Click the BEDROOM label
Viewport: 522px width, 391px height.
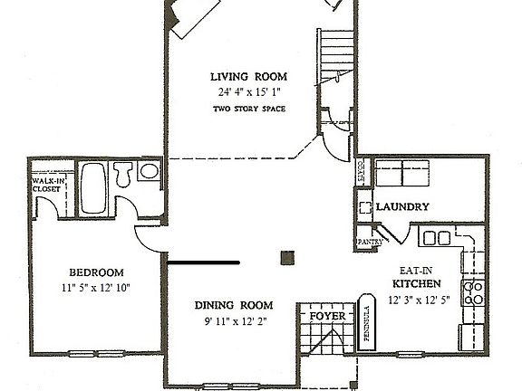pos(96,272)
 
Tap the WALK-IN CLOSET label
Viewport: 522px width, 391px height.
pos(47,185)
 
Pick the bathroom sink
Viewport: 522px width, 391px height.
pos(150,170)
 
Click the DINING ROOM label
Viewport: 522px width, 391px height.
pos(235,305)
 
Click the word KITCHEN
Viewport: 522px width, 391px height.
pos(416,284)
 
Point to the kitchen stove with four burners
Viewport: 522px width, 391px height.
pos(473,291)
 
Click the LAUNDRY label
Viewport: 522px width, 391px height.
pos(401,206)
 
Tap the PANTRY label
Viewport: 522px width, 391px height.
pos(368,242)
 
